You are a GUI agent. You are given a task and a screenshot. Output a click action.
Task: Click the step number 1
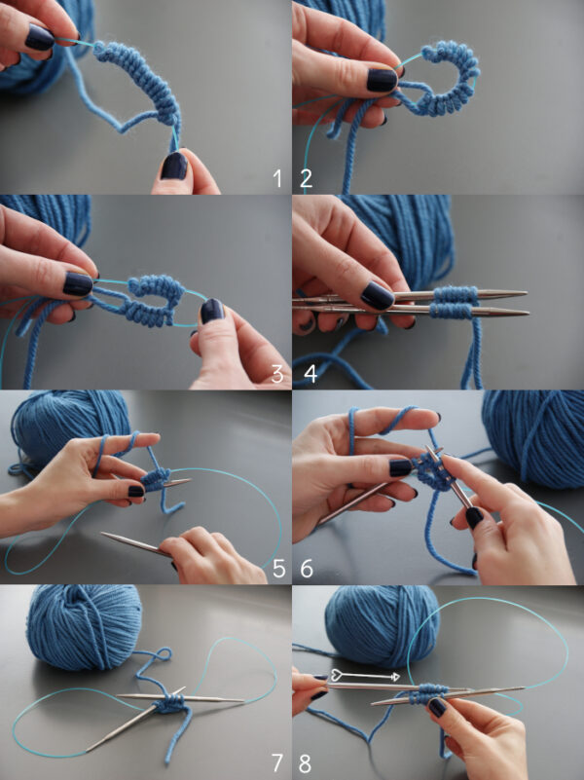pos(277,178)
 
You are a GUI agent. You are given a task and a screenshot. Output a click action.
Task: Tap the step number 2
pos(306,178)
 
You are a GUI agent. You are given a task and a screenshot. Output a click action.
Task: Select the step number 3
pos(277,373)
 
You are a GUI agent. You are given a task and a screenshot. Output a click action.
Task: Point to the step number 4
pos(307,373)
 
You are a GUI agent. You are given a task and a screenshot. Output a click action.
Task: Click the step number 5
pos(278,568)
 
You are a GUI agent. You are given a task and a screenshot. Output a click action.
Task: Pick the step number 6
pos(307,568)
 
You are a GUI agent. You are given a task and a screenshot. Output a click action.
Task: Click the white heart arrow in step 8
pos(360,674)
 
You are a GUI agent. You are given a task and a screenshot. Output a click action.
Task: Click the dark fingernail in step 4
pos(377,294)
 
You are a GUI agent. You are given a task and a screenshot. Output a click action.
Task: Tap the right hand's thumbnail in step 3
pos(212,311)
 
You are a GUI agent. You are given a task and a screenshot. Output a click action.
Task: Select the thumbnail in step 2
pos(381,80)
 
